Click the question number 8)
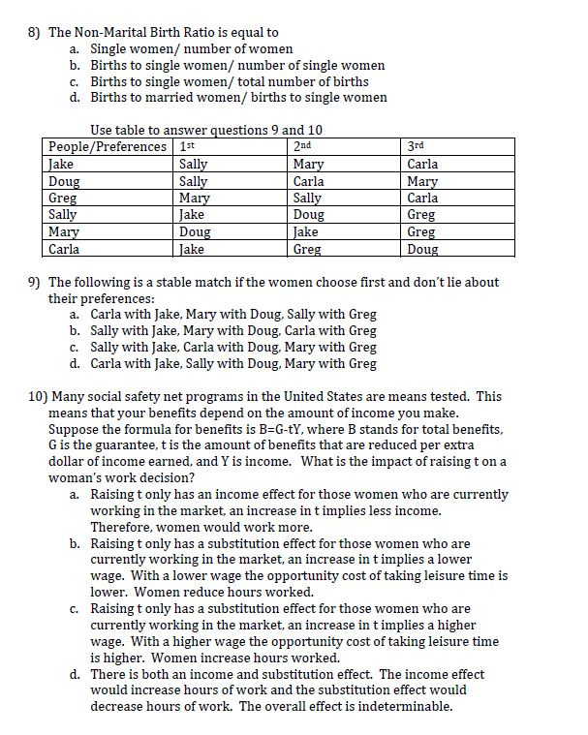tap(35, 32)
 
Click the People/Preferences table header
tap(108, 146)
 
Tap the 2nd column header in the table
tap(302, 146)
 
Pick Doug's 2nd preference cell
tap(309, 181)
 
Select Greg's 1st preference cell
tap(195, 198)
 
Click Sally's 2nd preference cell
tap(309, 215)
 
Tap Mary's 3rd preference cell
tap(421, 232)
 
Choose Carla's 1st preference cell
tap(192, 249)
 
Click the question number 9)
tap(35, 282)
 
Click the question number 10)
tap(38, 396)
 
